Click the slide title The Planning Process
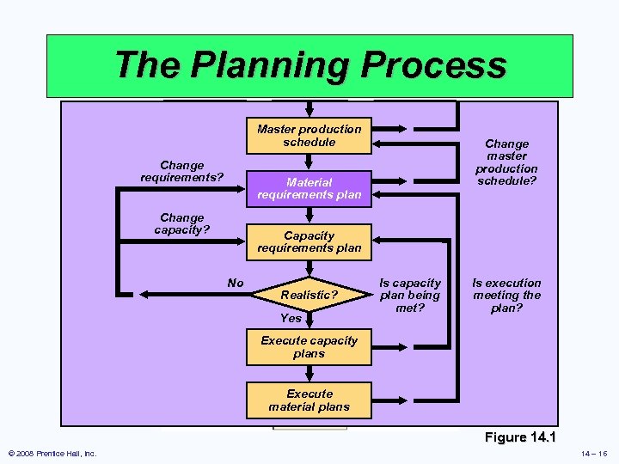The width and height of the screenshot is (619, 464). click(309, 65)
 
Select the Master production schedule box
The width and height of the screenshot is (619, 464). click(309, 136)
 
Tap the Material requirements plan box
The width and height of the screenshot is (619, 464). click(309, 188)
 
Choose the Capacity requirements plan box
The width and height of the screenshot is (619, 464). click(309, 241)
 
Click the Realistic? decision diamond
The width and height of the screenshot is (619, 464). click(309, 295)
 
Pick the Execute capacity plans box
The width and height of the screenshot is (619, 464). click(309, 347)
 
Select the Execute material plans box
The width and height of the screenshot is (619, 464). click(309, 400)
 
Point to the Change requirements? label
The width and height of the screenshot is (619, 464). click(182, 171)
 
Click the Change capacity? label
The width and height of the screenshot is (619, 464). click(182, 223)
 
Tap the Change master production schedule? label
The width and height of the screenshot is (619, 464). click(506, 163)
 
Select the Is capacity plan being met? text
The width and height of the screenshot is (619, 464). click(410, 295)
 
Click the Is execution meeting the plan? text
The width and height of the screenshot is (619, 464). click(507, 295)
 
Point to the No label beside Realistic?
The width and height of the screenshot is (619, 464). click(236, 283)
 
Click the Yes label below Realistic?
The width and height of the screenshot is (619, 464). click(291, 318)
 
